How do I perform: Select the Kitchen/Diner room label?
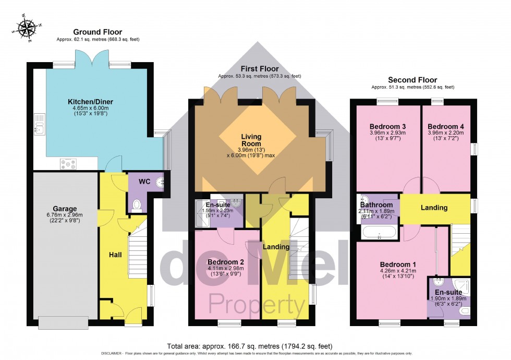pyautogui.click(x=90, y=101)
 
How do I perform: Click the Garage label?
pyautogui.click(x=65, y=209)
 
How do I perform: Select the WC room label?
pyautogui.click(x=144, y=182)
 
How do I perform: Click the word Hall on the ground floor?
pyautogui.click(x=115, y=255)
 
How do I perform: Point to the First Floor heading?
pyautogui.click(x=259, y=69)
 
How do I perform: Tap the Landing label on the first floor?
pyautogui.click(x=276, y=247)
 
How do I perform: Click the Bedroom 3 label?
pyautogui.click(x=387, y=127)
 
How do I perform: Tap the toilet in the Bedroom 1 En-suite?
pyautogui.click(x=464, y=311)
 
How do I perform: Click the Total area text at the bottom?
pyautogui.click(x=249, y=346)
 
